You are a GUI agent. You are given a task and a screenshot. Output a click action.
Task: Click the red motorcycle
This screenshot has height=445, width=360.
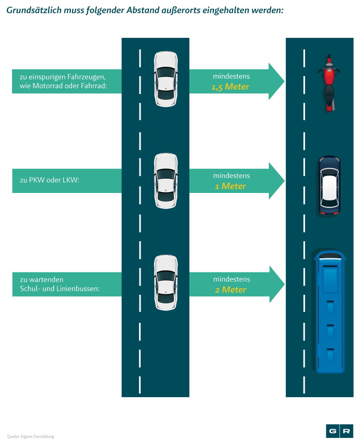[330, 83]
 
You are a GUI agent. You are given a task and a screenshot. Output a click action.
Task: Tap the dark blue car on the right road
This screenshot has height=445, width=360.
[329, 185]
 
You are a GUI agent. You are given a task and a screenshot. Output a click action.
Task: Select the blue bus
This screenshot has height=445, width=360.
[330, 312]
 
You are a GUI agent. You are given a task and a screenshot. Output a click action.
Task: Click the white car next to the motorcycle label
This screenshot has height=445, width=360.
[166, 79]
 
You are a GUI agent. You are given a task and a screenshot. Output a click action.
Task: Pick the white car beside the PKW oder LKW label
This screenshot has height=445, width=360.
[166, 180]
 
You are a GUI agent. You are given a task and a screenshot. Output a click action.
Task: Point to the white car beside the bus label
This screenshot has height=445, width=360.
[166, 283]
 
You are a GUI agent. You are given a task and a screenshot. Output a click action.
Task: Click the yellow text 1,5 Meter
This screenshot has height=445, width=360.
[230, 87]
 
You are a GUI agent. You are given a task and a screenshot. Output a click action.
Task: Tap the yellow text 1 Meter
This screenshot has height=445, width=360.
[231, 186]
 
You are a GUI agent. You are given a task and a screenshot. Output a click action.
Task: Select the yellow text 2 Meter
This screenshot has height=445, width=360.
[231, 290]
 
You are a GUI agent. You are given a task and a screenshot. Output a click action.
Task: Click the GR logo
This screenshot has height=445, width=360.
[339, 431]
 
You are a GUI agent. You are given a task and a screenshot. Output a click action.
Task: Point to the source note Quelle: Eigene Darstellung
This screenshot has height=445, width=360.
[30, 436]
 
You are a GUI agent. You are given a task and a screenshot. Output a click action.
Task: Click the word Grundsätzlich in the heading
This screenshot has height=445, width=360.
[34, 10]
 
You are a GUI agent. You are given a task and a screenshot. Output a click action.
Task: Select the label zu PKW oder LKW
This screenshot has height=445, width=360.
[49, 180]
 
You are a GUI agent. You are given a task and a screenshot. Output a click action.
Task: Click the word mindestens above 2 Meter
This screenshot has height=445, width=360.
[231, 279]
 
